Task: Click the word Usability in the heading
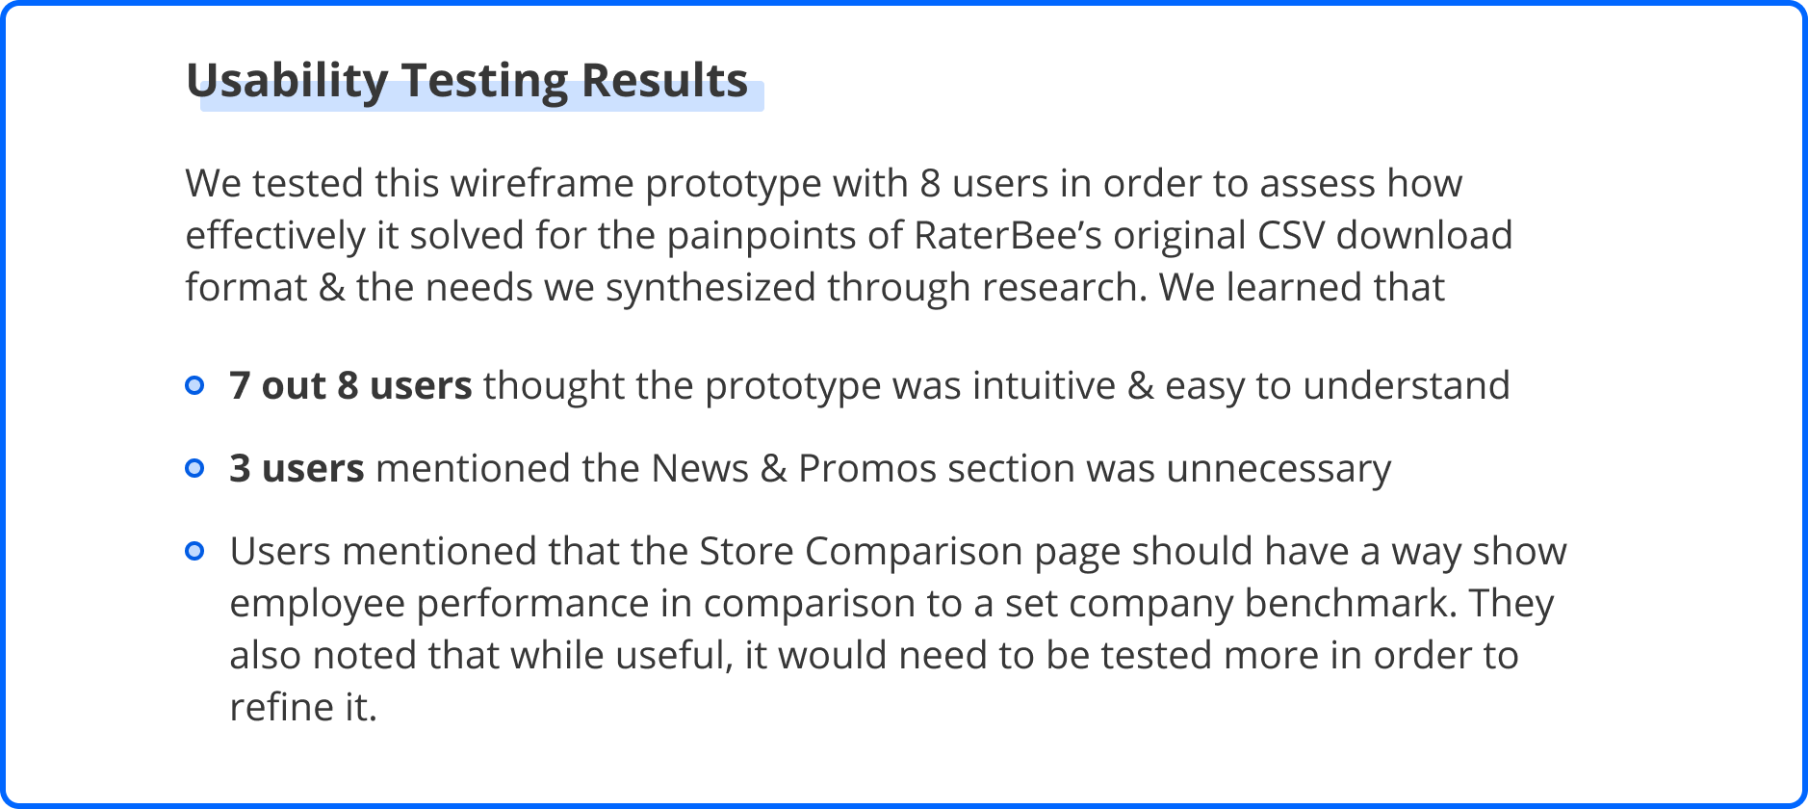(x=287, y=81)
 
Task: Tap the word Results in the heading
(x=664, y=80)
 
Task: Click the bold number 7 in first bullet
(x=240, y=385)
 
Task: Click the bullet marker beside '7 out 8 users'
(x=194, y=385)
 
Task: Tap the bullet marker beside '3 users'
(x=194, y=468)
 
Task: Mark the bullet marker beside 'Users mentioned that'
(x=194, y=551)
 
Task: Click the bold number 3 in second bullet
(x=240, y=468)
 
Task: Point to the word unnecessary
(x=1279, y=469)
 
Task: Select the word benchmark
(x=1351, y=603)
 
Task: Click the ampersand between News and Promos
(x=773, y=468)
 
